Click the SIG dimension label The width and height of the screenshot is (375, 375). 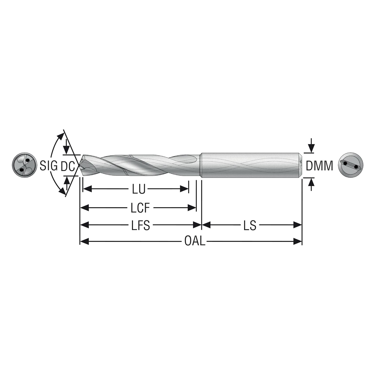[x=49, y=166]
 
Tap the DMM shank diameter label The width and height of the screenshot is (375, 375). [x=319, y=166]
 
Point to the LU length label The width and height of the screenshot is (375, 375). [x=139, y=190]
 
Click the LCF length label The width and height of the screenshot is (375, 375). [x=140, y=208]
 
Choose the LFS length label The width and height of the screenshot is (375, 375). [x=140, y=226]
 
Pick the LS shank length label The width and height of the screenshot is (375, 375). [x=250, y=226]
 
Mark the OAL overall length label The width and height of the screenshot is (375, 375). [x=195, y=242]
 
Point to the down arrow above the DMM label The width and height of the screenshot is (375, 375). [x=311, y=148]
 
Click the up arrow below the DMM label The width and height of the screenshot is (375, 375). [x=311, y=183]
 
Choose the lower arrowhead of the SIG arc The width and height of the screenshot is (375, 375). [x=62, y=192]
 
